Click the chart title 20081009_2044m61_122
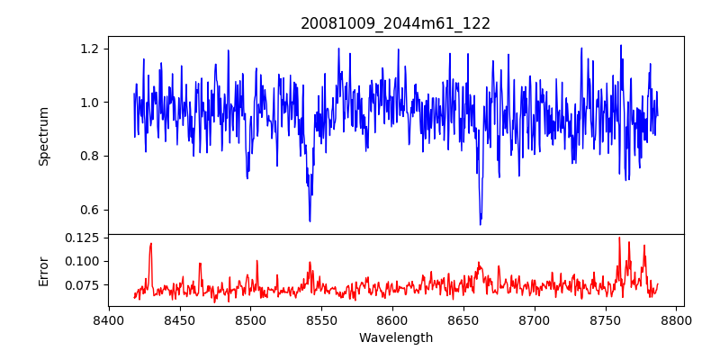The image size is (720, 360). pos(395,23)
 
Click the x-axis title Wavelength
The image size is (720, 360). pos(395,338)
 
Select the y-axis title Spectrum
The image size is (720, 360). pos(43,135)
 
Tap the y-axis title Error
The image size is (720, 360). pos(43,270)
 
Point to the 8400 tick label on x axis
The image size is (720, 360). pos(109,319)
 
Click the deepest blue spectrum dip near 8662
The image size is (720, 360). pos(481,224)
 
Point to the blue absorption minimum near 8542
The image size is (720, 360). pos(310,220)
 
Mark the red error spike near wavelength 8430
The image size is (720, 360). pos(151,244)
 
